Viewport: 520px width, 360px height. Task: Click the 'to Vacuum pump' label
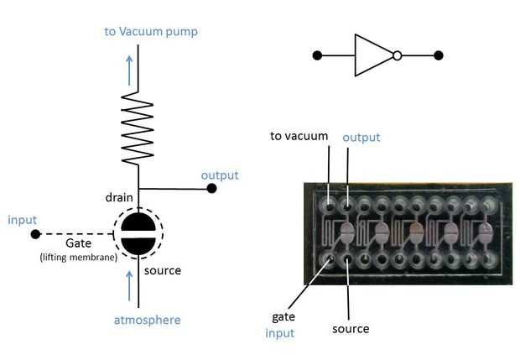[x=151, y=32]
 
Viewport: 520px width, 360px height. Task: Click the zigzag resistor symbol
[x=139, y=128]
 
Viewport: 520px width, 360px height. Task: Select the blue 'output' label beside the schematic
[x=220, y=175]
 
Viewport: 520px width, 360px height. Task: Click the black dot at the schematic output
[x=211, y=189]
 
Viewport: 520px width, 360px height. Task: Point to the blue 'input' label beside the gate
[x=22, y=220]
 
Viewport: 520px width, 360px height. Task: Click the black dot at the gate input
[x=34, y=234]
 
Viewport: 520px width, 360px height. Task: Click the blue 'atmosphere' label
[x=147, y=320]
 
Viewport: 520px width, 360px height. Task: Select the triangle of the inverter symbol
[x=372, y=56]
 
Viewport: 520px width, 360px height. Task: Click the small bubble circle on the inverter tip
[x=398, y=56]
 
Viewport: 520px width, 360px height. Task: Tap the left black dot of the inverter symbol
[x=317, y=56]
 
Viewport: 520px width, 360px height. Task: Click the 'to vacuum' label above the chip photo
[x=299, y=136]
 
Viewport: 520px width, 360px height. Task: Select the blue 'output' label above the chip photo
[x=361, y=137]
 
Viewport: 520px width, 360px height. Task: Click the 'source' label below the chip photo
[x=350, y=329]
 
